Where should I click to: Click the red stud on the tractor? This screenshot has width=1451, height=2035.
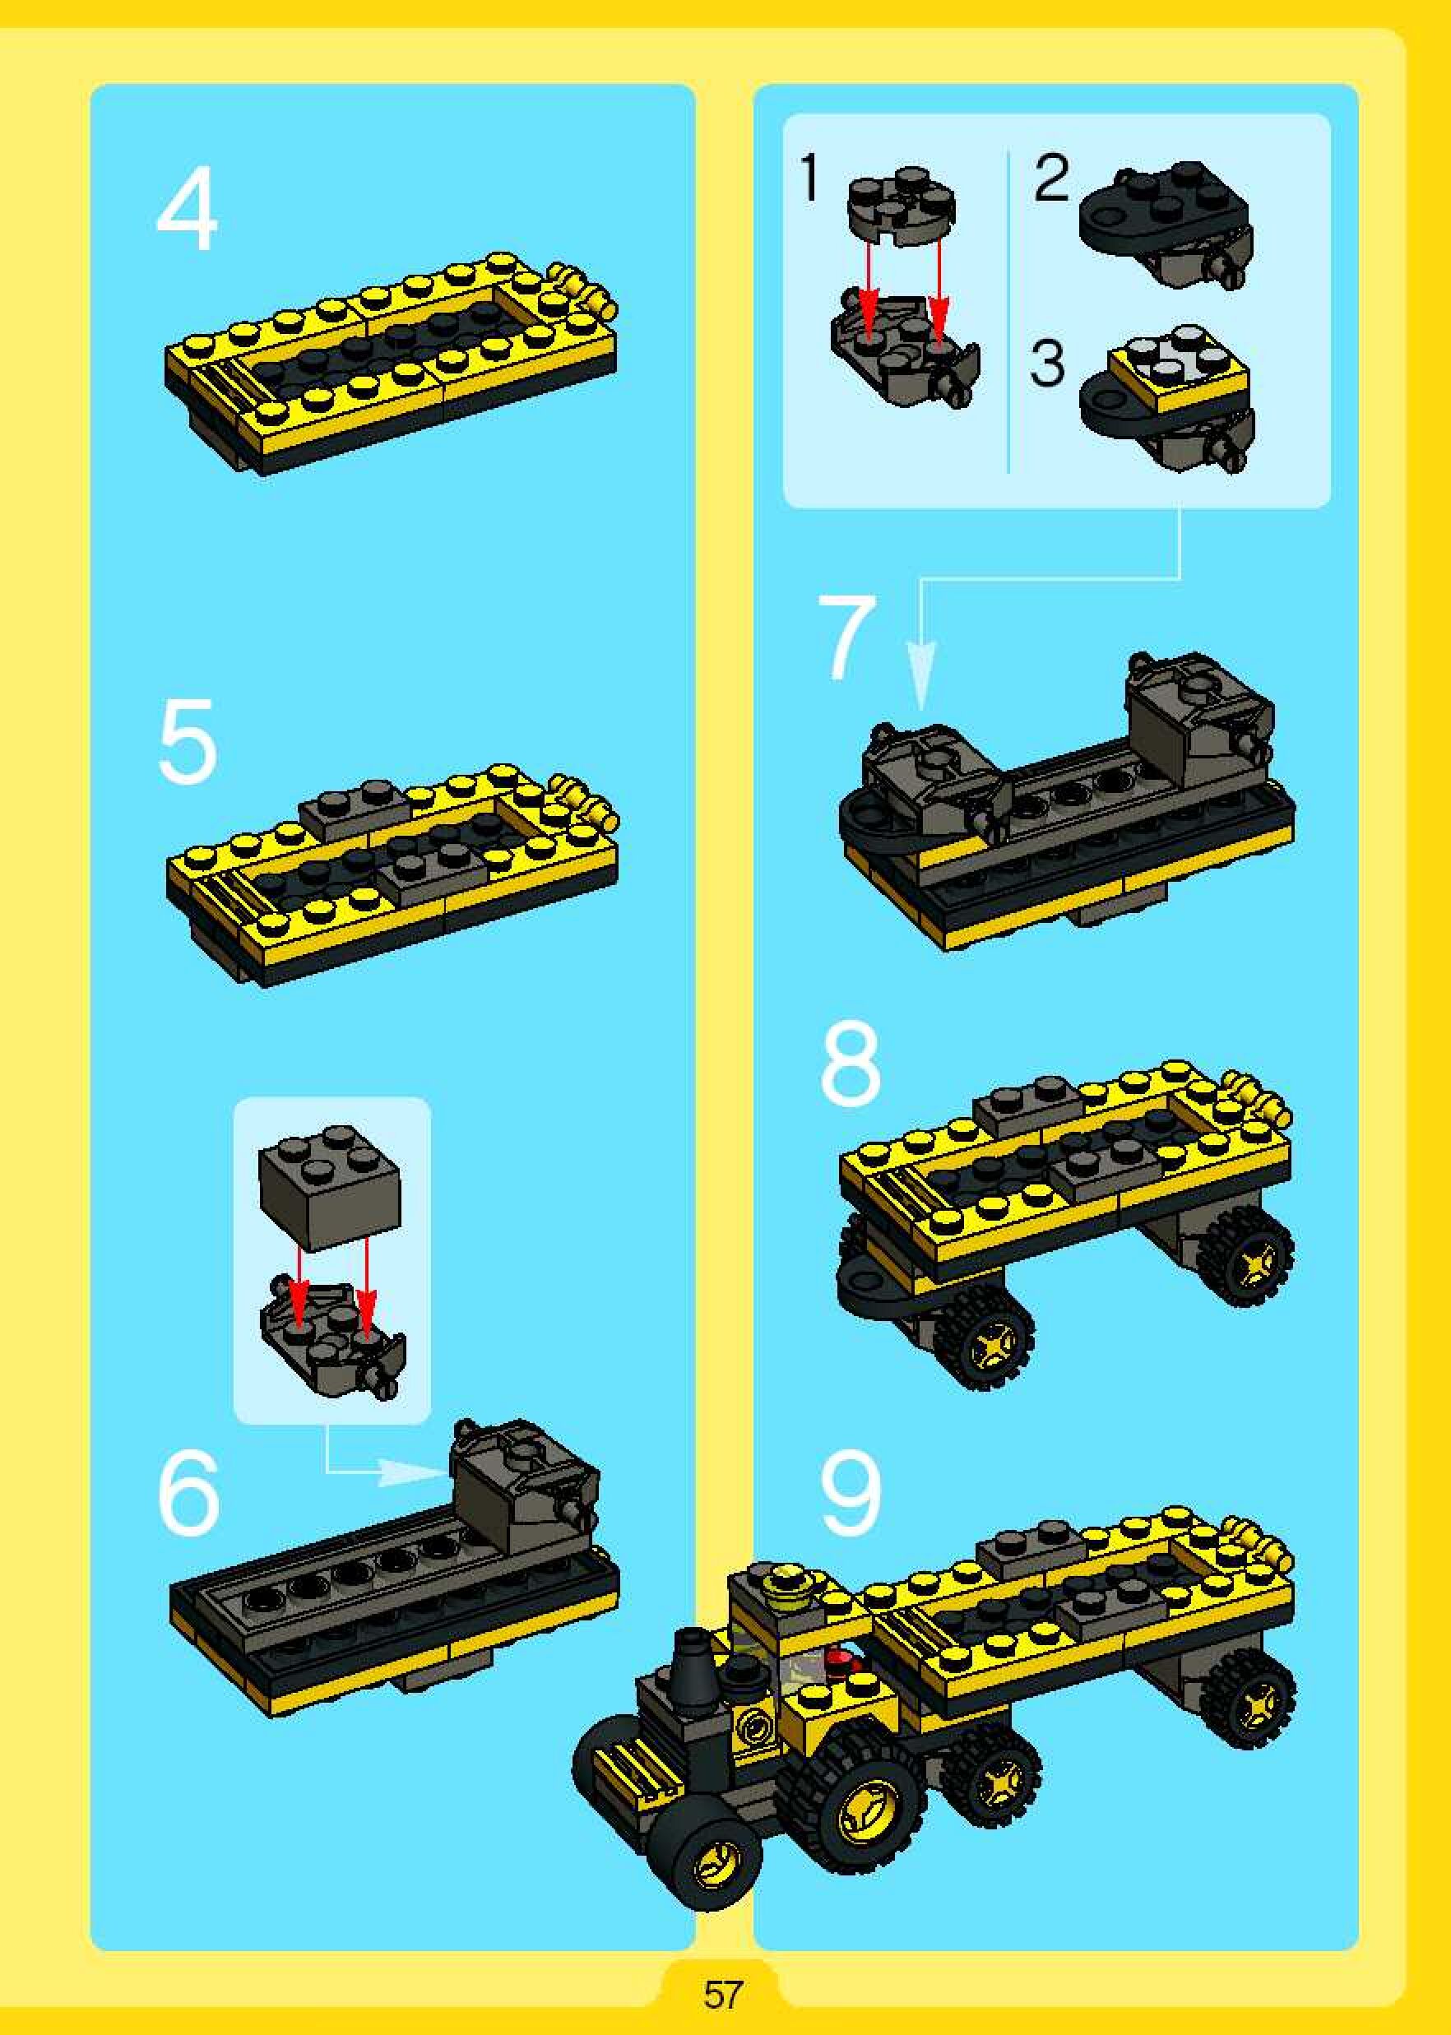840,1661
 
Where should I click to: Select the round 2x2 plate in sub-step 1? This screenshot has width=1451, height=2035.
902,205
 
